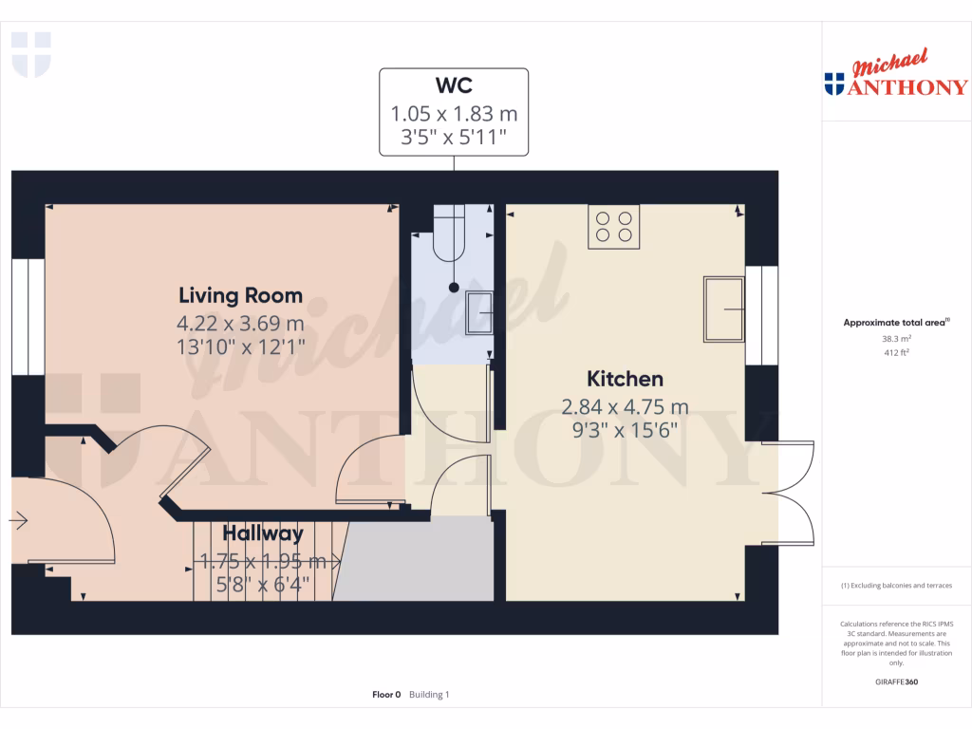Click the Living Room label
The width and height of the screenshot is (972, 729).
(241, 295)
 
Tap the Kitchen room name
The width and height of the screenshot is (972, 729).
(626, 380)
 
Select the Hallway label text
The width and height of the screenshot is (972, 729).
(263, 533)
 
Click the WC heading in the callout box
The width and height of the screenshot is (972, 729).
(454, 85)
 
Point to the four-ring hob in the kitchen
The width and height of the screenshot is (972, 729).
(613, 227)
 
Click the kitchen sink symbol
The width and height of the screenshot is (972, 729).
(723, 309)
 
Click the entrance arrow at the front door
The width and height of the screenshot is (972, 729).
(20, 520)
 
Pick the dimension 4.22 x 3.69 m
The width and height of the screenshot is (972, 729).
(241, 324)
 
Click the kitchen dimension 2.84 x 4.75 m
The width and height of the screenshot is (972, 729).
(626, 408)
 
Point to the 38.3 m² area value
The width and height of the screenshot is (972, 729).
(897, 338)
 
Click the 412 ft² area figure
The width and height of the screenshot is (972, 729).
(897, 352)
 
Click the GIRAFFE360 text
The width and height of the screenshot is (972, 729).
(897, 682)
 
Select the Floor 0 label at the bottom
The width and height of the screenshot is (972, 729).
(387, 695)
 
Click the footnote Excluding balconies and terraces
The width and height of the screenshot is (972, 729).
(897, 586)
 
